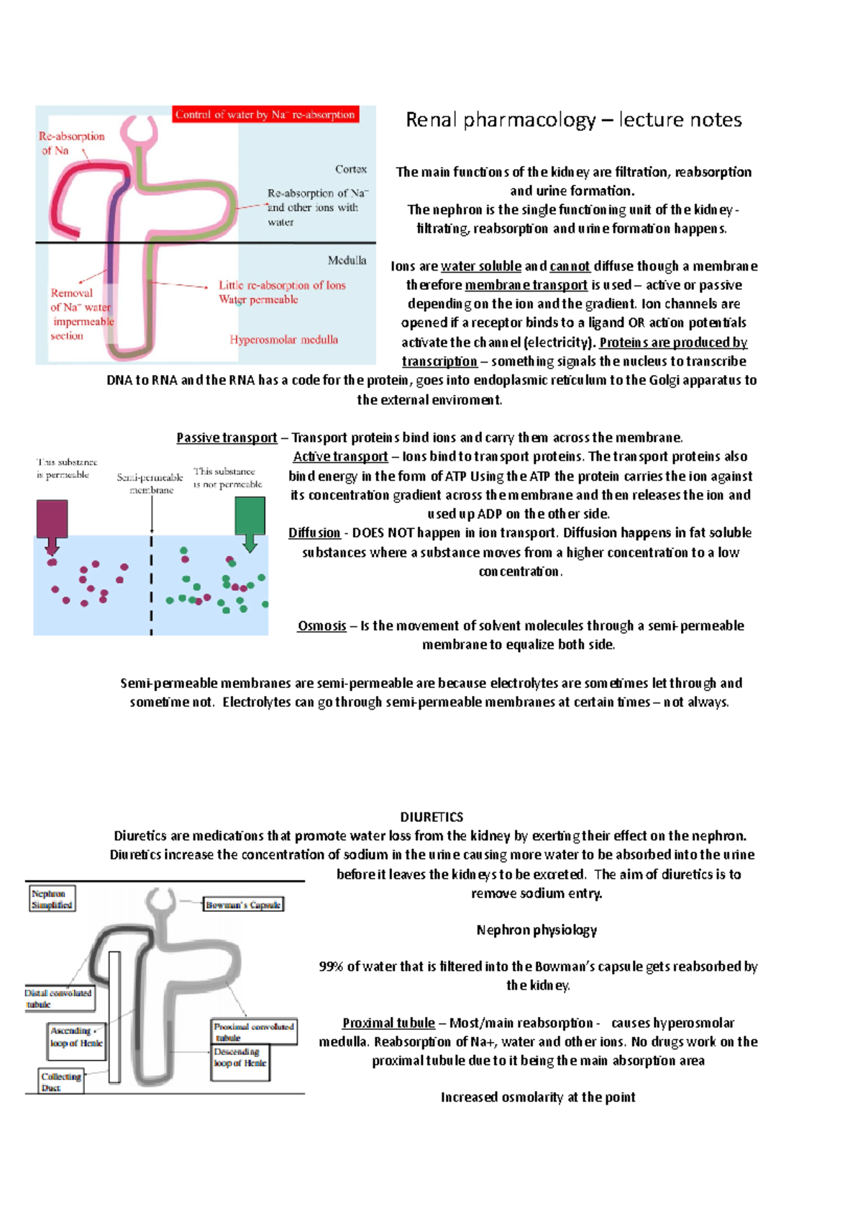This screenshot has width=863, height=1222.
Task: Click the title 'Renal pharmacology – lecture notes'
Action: pyautogui.click(x=573, y=119)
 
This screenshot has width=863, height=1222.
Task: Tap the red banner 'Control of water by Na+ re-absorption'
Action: pyautogui.click(x=265, y=114)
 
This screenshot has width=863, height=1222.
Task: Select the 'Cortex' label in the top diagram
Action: pyautogui.click(x=351, y=169)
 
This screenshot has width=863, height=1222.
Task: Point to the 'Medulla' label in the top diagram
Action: pyautogui.click(x=347, y=261)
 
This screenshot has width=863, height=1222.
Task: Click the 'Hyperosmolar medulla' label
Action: pyautogui.click(x=283, y=340)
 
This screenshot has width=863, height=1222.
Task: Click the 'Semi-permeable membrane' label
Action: pyautogui.click(x=150, y=484)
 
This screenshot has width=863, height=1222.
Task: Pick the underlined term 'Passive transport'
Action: pyautogui.click(x=227, y=438)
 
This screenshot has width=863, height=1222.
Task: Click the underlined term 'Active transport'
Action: pyautogui.click(x=340, y=456)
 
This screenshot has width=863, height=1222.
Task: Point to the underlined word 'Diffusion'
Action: pyautogui.click(x=314, y=533)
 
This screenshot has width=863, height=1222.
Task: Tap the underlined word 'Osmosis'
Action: pyautogui.click(x=322, y=625)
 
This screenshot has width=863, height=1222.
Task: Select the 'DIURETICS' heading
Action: pyautogui.click(x=431, y=817)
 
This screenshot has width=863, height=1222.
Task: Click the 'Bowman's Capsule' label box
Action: pyautogui.click(x=243, y=905)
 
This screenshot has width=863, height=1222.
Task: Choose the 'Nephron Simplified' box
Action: pyautogui.click(x=52, y=899)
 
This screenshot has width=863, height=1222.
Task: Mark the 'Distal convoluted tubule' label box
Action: pyautogui.click(x=59, y=998)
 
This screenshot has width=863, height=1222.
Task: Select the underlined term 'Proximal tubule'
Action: pyautogui.click(x=388, y=1023)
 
